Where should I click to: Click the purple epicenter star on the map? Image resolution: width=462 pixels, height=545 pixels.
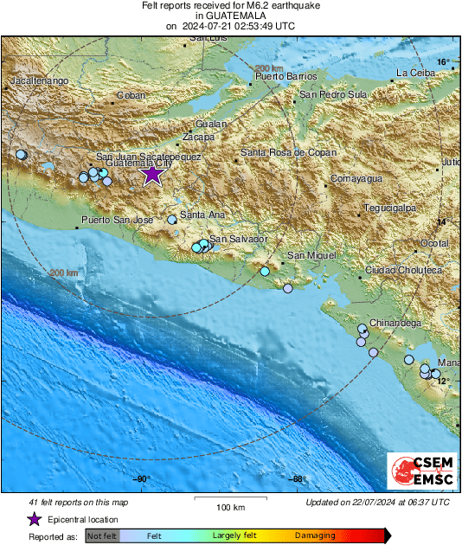pyautogui.click(x=152, y=175)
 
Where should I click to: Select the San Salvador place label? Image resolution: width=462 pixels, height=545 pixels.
pyautogui.click(x=237, y=238)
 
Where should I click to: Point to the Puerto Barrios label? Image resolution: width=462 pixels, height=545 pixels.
pyautogui.click(x=281, y=77)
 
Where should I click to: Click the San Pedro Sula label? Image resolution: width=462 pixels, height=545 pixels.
pyautogui.click(x=333, y=94)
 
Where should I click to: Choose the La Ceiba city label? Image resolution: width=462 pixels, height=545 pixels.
pyautogui.click(x=414, y=72)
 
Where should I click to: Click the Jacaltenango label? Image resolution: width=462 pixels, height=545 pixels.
pyautogui.click(x=39, y=80)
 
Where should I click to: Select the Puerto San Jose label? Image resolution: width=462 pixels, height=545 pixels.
pyautogui.click(x=117, y=221)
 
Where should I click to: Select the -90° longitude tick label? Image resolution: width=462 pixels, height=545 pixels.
pyautogui.click(x=141, y=479)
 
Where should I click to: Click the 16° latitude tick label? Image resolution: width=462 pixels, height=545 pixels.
pyautogui.click(x=443, y=62)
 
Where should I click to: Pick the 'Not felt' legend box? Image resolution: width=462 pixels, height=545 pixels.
pyautogui.click(x=100, y=536)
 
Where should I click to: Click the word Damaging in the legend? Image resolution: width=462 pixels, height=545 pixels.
pyautogui.click(x=315, y=536)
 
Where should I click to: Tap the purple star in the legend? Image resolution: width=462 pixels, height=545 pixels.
pyautogui.click(x=33, y=519)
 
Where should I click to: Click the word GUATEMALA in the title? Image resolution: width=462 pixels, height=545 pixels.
pyautogui.click(x=229, y=16)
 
